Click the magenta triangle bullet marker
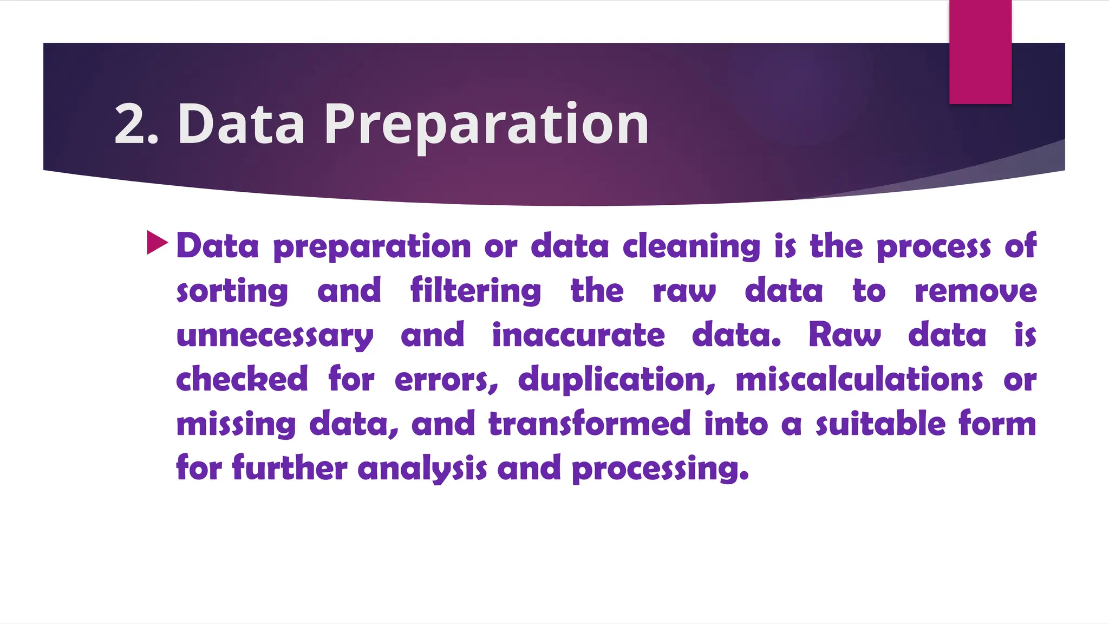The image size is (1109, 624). tap(157, 243)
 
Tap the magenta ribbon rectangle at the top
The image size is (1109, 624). tap(980, 51)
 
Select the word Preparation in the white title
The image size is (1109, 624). tap(486, 126)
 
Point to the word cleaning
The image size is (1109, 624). tap(692, 246)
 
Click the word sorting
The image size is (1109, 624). tap(232, 291)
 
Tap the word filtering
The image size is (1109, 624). tap(475, 291)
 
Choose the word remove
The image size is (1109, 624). tap(975, 291)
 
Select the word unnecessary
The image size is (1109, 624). tap(275, 336)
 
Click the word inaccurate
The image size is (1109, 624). tap(578, 335)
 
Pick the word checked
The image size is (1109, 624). tap(242, 379)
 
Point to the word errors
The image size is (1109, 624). tap(446, 380)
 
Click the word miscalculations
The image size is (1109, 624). tap(859, 379)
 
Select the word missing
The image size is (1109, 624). tap(236, 424)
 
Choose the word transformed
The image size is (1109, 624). tap(590, 424)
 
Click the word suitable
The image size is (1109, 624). tap(880, 424)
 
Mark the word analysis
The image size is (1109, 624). tap(422, 469)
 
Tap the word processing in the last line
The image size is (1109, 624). tap(660, 469)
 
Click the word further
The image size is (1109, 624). tap(290, 467)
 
